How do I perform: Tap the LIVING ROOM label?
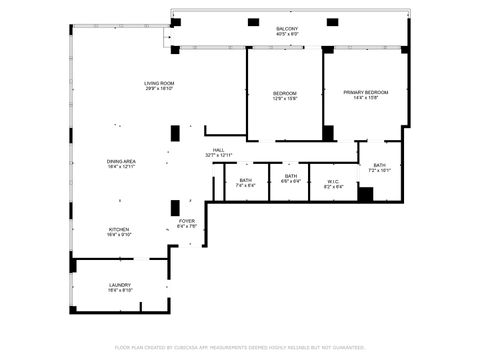click(159, 83)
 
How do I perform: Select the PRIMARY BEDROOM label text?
click(365, 92)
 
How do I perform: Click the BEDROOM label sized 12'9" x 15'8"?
click(285, 93)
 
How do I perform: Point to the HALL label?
click(218, 150)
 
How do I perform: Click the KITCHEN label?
click(119, 229)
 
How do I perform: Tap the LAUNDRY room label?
click(119, 285)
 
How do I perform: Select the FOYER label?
click(187, 221)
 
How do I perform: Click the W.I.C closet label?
click(333, 181)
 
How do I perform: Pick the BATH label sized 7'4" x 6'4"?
click(245, 181)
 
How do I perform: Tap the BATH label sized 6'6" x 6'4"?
click(290, 176)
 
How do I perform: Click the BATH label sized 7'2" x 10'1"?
click(379, 165)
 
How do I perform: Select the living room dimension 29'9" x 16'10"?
click(159, 89)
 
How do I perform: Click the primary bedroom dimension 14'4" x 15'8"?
click(365, 98)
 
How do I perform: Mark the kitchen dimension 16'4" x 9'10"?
click(119, 235)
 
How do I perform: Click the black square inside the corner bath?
click(365, 194)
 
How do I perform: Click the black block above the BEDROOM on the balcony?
click(253, 22)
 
